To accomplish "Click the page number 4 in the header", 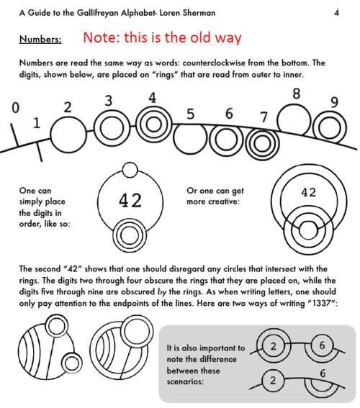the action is click(336, 12).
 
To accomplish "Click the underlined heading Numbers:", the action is click(40, 40).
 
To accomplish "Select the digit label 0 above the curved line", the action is click(16, 107).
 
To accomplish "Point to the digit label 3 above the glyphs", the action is click(109, 101).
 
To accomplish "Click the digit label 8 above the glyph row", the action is click(296, 94).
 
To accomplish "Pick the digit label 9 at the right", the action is click(335, 102).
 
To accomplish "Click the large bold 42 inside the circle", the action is click(130, 200).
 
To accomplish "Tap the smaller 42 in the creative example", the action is click(308, 192).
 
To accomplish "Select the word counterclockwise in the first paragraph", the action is click(213, 63).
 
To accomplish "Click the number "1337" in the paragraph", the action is click(321, 303).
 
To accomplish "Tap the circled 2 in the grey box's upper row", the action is click(274, 346).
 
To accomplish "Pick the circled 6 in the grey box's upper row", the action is click(323, 345).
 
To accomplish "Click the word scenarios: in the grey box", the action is click(185, 381).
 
